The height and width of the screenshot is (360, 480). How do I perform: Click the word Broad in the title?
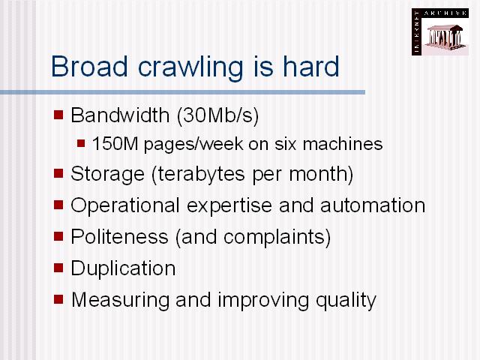89,67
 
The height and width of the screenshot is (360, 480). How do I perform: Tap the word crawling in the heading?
190,68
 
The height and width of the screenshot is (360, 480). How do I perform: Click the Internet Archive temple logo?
440,31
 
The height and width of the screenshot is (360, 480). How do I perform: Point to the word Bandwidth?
120,115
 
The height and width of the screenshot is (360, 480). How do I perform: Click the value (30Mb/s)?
218,116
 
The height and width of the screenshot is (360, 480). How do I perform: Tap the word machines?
343,143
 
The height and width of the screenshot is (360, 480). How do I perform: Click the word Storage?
107,175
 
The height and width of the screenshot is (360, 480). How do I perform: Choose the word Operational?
125,206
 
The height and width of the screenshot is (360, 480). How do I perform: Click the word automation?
373,205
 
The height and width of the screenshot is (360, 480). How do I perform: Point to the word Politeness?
120,237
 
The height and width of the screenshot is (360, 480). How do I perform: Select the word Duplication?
123,269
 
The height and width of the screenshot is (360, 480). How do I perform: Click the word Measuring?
120,300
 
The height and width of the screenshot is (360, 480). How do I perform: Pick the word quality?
346,301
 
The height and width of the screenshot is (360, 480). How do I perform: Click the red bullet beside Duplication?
58,268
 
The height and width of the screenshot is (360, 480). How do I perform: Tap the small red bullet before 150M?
81,143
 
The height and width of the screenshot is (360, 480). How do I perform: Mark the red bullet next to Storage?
58,173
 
